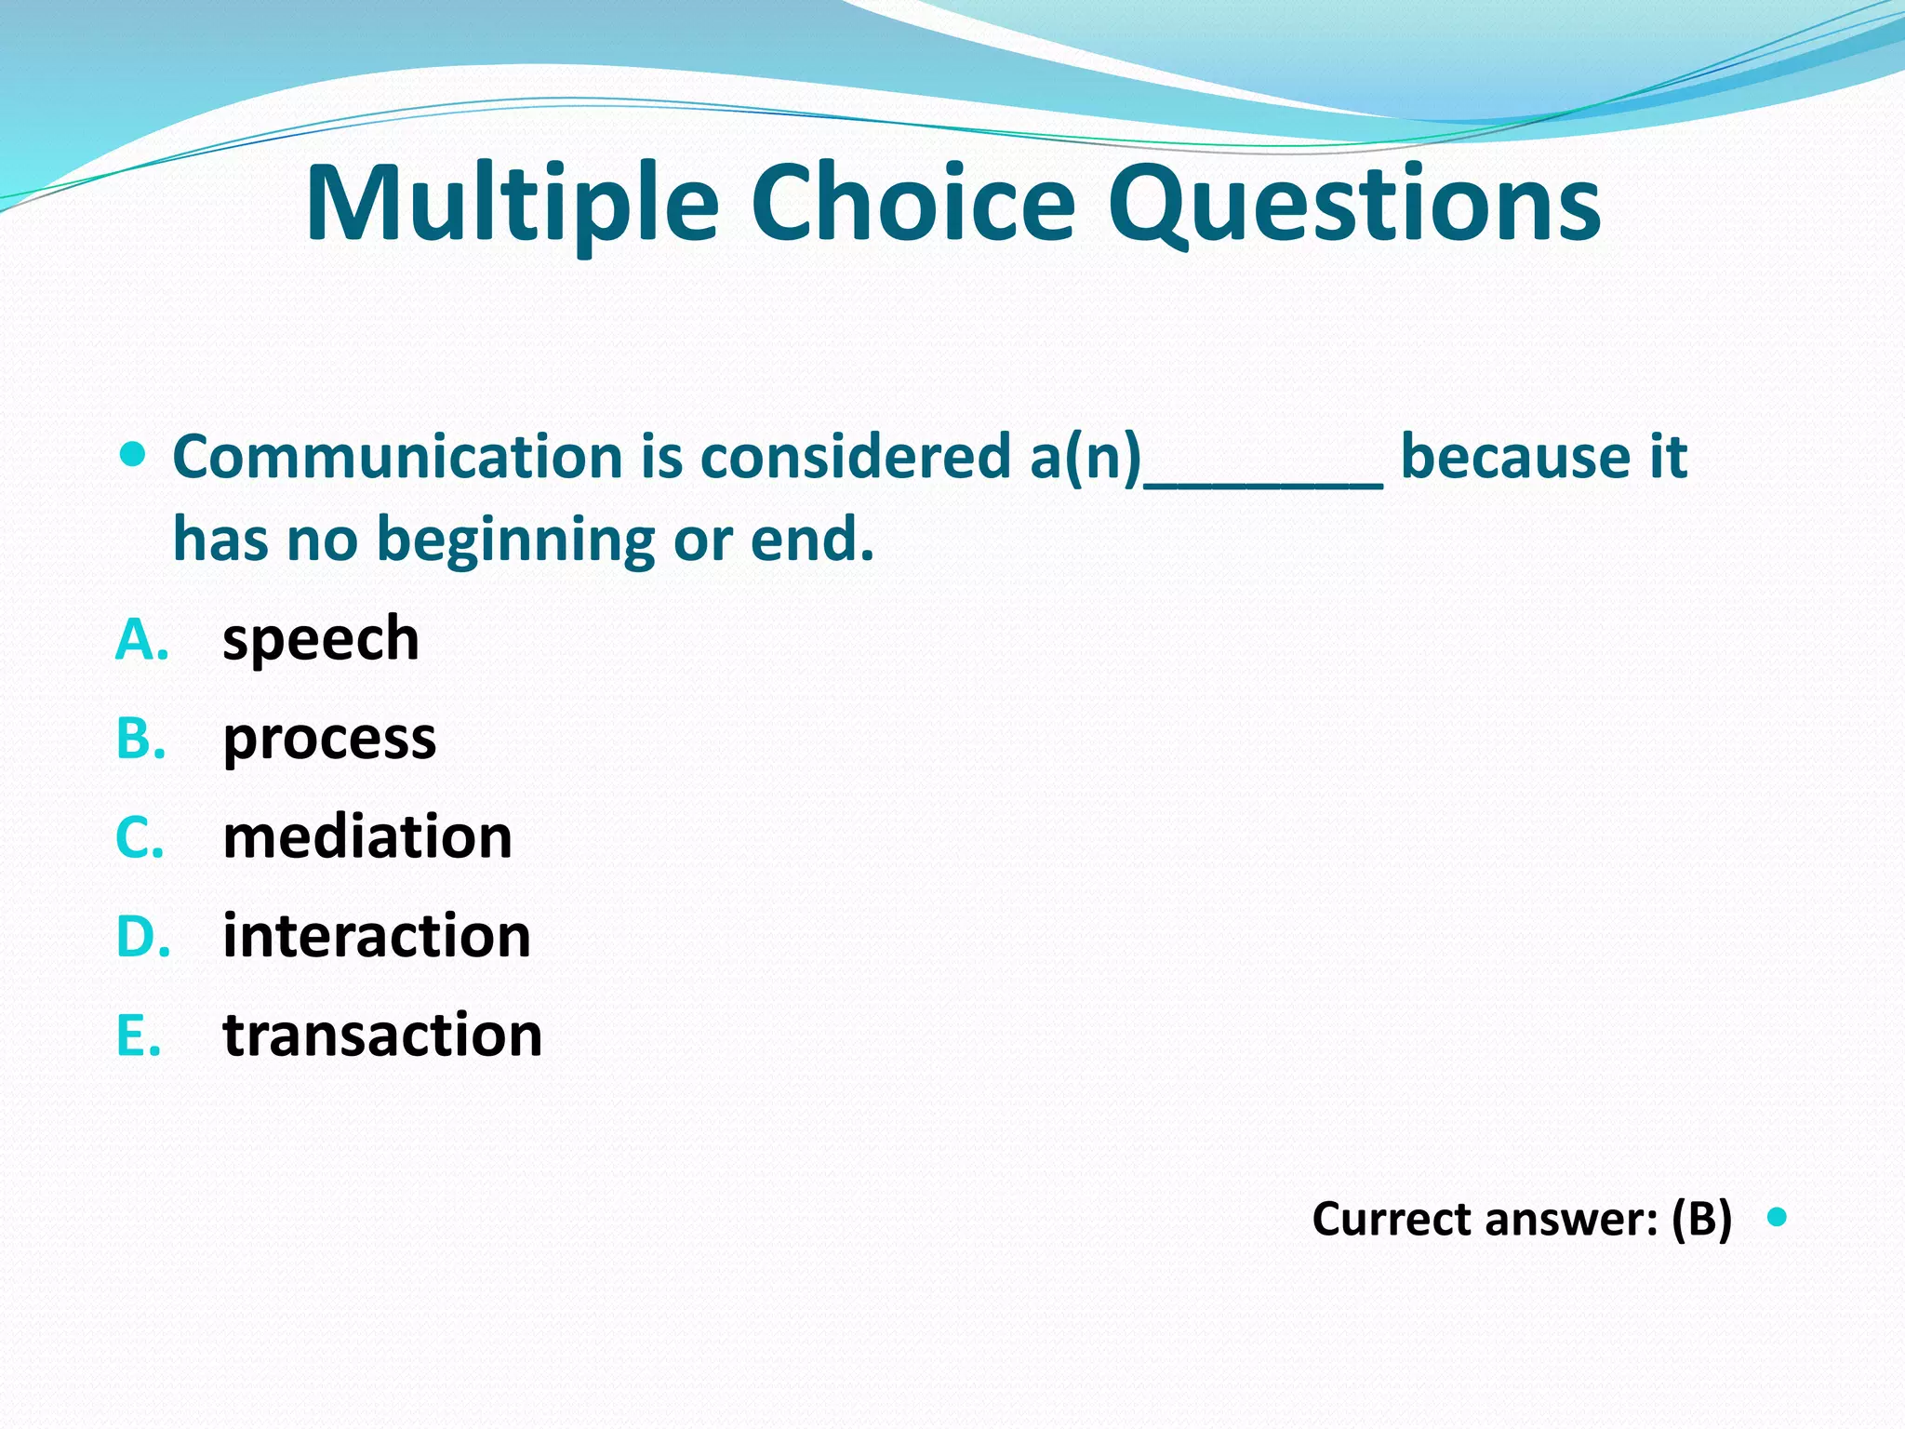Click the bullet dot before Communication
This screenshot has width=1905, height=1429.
(134, 455)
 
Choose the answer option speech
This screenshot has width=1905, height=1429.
(321, 640)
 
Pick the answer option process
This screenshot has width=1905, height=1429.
(329, 740)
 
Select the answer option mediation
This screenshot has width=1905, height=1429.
(367, 836)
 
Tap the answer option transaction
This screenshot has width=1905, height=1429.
(382, 1035)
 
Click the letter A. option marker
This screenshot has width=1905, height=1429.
(141, 640)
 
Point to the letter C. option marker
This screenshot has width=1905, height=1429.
(140, 836)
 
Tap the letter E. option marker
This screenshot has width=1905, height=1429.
(139, 1035)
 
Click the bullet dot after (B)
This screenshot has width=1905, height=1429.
(1777, 1216)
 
